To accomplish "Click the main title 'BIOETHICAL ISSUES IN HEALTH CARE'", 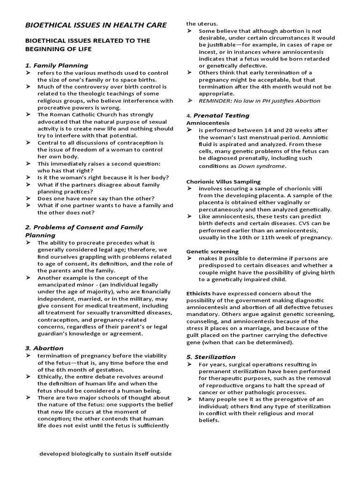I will (x=96, y=25).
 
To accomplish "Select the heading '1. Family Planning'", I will (x=56, y=65).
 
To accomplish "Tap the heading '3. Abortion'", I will (x=44, y=348).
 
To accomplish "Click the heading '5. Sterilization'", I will (x=210, y=357).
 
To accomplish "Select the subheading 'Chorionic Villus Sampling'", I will (x=224, y=181).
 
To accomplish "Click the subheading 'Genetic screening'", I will (x=212, y=251).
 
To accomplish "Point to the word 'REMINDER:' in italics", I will (x=215, y=101).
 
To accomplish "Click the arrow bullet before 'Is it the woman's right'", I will (x=29, y=178).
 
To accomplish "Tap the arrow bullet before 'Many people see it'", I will (x=190, y=399).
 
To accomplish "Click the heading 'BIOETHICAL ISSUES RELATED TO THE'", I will (x=87, y=41).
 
